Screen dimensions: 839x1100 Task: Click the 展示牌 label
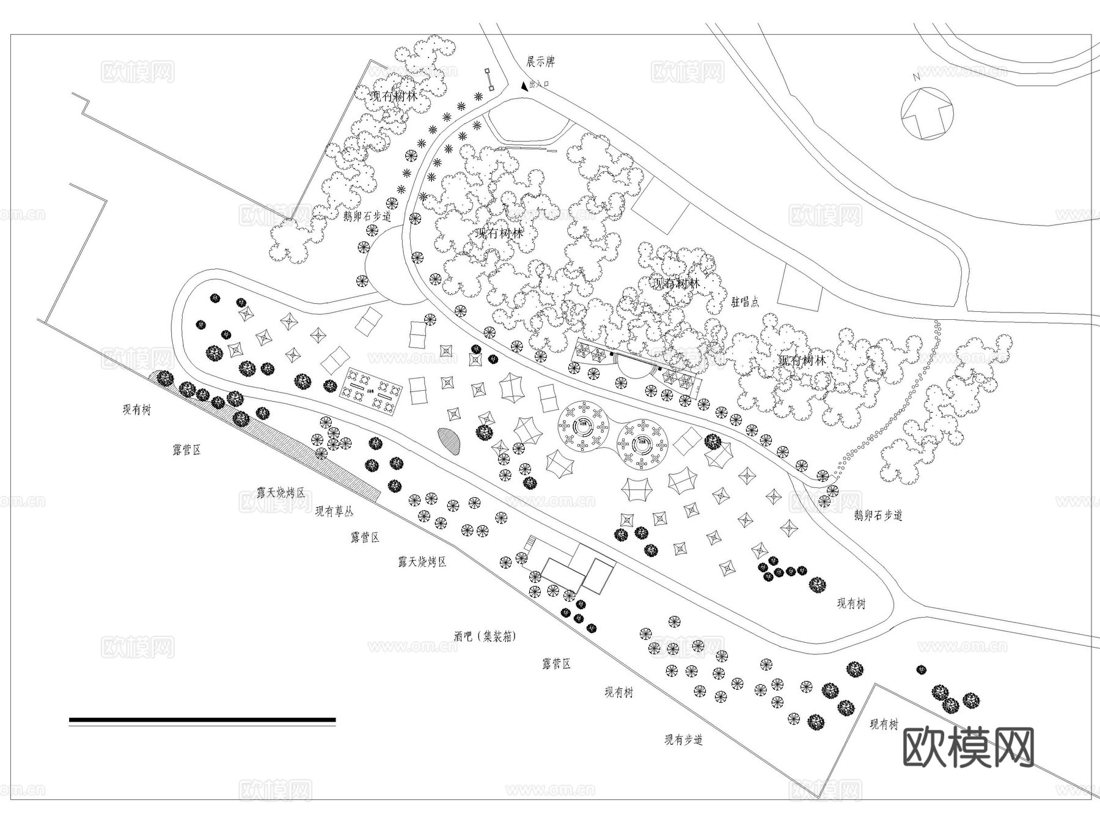540,62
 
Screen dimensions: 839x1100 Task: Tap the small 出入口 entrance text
540,85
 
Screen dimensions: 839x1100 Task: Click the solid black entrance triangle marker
524,87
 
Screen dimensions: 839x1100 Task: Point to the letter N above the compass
916,77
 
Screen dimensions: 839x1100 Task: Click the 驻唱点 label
745,302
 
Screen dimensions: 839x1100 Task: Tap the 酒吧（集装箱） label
485,636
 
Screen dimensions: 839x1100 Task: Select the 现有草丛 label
334,511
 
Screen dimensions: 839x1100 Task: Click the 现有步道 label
683,740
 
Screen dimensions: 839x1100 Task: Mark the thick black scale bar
202,720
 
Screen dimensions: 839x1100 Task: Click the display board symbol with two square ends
490,79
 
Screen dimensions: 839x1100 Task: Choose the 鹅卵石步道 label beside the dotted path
878,516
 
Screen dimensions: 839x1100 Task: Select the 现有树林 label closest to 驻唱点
676,284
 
